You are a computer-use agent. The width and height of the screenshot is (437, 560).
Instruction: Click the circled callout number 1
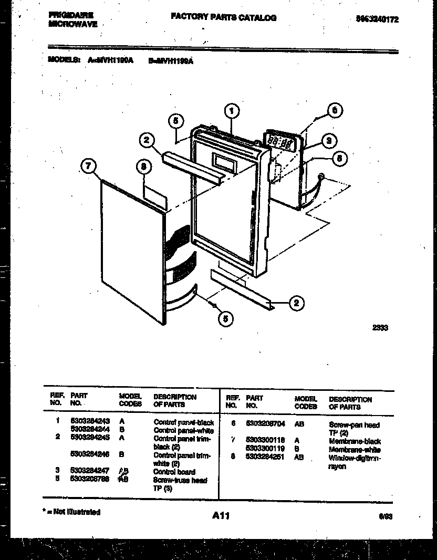pyautogui.click(x=231, y=110)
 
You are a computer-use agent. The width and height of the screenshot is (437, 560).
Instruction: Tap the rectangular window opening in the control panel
pyautogui.click(x=223, y=162)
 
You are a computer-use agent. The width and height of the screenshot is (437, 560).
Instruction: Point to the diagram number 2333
pyautogui.click(x=380, y=327)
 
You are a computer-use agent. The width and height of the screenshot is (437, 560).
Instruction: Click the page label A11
pyautogui.click(x=221, y=516)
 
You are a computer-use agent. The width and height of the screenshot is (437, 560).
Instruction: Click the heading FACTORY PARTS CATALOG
pyautogui.click(x=223, y=17)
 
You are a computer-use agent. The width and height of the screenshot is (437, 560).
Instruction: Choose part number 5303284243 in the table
pyautogui.click(x=90, y=422)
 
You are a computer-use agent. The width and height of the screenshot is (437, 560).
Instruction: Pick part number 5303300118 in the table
pyautogui.click(x=266, y=440)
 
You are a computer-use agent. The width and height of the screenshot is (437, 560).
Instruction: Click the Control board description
pyautogui.click(x=174, y=472)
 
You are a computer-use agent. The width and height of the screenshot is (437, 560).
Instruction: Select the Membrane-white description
pyautogui.click(x=355, y=450)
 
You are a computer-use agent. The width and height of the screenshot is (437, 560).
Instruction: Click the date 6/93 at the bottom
pyautogui.click(x=385, y=516)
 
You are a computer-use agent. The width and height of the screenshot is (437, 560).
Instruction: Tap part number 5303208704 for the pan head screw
pyautogui.click(x=266, y=423)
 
